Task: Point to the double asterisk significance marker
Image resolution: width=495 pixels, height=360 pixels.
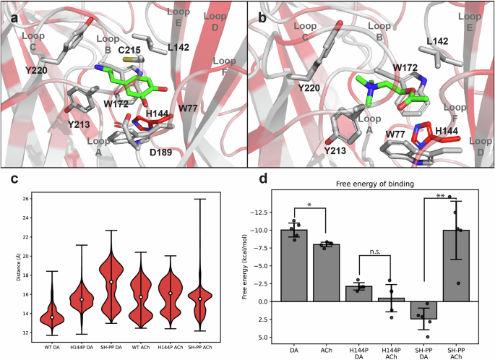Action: (x=440, y=197)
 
